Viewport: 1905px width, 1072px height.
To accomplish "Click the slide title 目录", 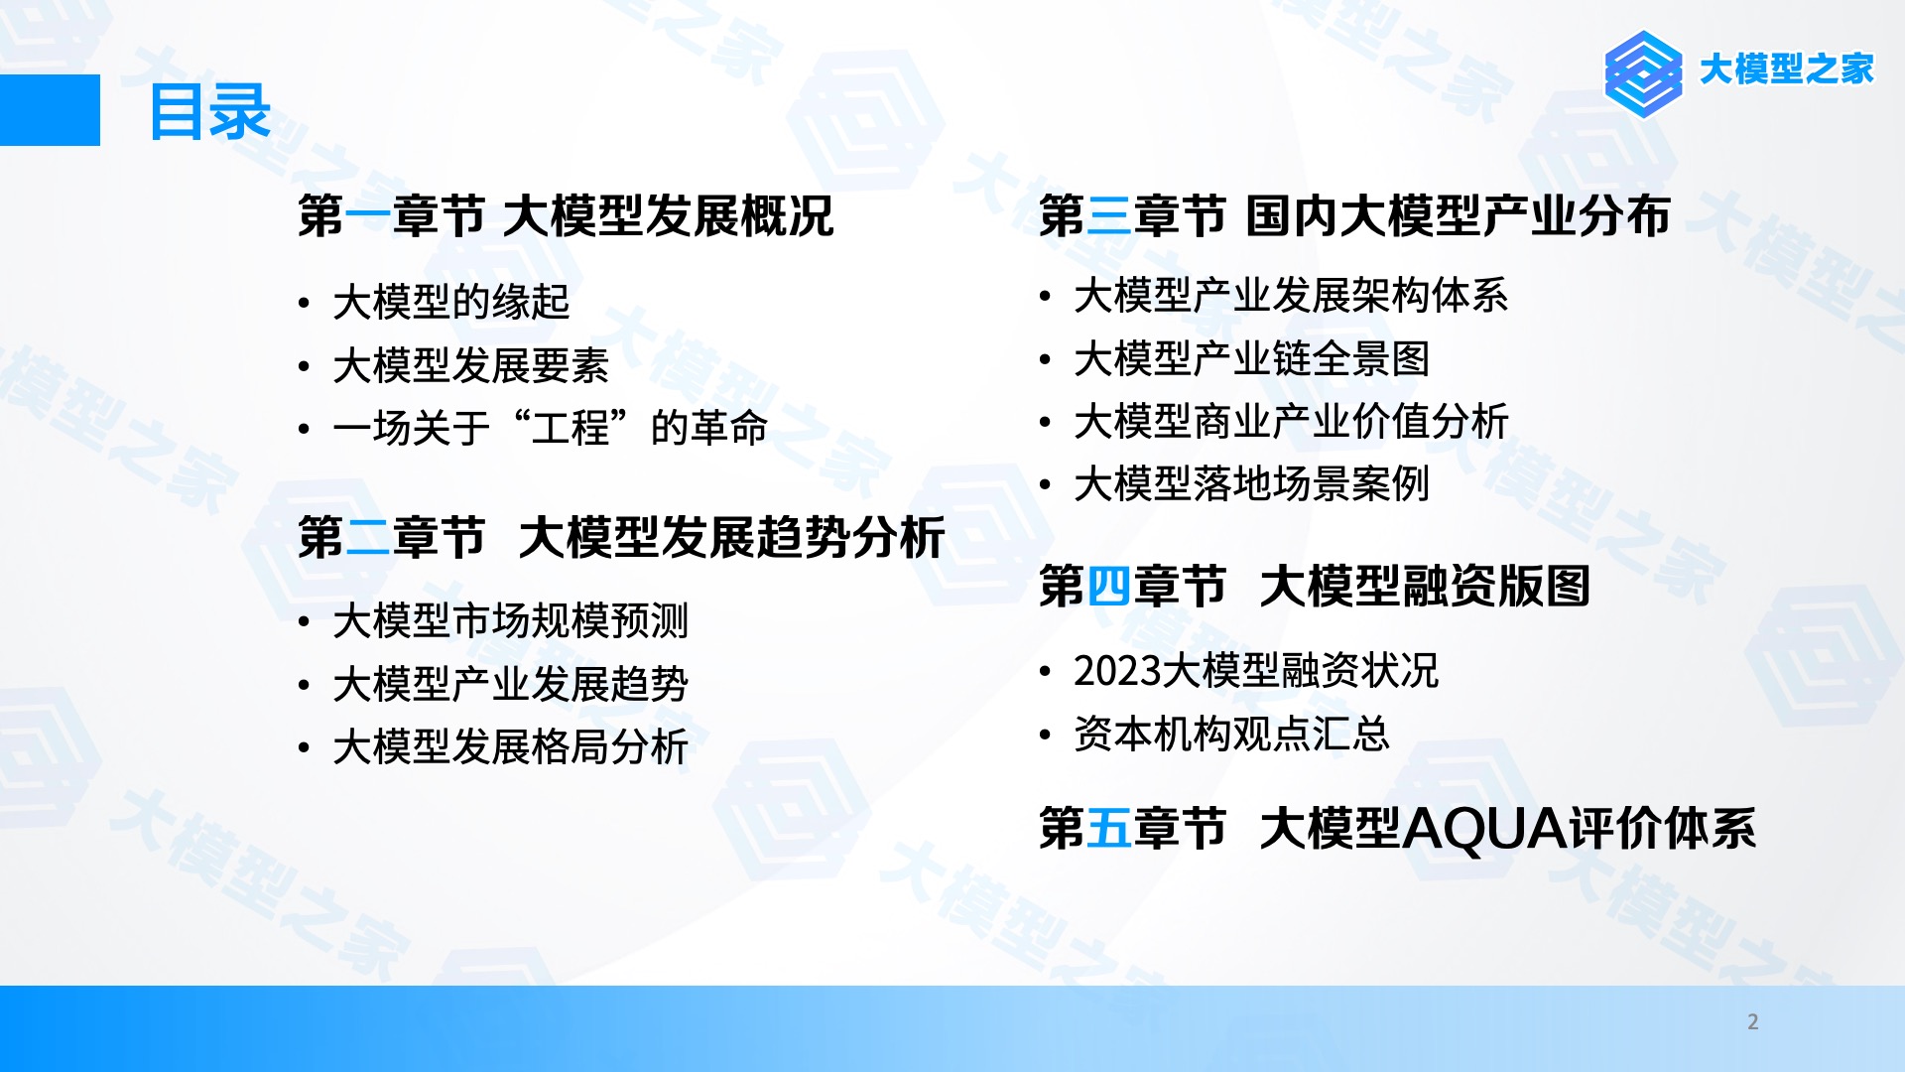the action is [209, 112].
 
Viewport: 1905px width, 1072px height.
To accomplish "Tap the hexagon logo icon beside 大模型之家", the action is [1643, 74].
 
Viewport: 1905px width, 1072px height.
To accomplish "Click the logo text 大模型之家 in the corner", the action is [1786, 69].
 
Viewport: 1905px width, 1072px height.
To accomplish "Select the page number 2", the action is [1753, 1021].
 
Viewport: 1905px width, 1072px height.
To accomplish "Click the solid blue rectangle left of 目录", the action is [50, 110].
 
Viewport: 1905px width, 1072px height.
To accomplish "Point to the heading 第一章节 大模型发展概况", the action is [566, 215].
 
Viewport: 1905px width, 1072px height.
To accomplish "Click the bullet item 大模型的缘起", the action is [451, 302].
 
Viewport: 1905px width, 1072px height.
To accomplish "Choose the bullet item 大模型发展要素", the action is [471, 365].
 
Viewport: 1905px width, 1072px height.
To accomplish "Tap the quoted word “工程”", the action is [571, 428].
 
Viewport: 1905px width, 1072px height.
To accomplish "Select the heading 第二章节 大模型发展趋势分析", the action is [622, 537].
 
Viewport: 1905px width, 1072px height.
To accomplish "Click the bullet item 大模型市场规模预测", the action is [511, 621].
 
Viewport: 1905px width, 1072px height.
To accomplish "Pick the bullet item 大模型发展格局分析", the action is [511, 746].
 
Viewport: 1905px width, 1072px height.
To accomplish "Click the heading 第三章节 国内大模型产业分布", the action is [1355, 215].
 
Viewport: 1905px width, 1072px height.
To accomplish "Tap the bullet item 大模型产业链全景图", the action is [1252, 358].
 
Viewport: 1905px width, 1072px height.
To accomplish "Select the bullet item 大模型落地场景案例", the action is [1252, 484].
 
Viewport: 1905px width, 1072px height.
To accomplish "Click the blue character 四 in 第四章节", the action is [1109, 586].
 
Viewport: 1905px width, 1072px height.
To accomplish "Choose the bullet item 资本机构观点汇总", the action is [1232, 735].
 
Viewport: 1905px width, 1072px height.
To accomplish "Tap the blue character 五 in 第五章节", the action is [1109, 828].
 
